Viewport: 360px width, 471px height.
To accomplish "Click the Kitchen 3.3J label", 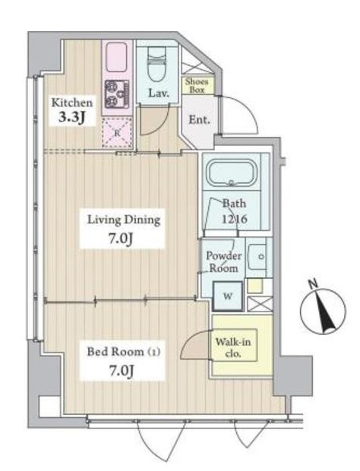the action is click(x=71, y=110).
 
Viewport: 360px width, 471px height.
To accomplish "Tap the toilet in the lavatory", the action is click(x=158, y=65).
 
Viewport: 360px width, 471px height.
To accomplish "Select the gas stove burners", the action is click(x=117, y=94).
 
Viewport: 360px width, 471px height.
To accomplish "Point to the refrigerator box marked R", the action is click(x=117, y=132).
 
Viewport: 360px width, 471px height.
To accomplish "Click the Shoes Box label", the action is click(x=197, y=85).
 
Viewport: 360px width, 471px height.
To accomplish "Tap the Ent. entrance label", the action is click(x=199, y=120).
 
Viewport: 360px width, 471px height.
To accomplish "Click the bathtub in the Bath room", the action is click(x=232, y=173).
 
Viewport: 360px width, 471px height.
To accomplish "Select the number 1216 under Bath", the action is click(x=235, y=219).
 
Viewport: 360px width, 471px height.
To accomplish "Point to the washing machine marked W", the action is click(x=228, y=296).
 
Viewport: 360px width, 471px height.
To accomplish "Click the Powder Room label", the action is click(x=224, y=262).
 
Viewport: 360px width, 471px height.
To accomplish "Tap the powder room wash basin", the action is click(x=257, y=257).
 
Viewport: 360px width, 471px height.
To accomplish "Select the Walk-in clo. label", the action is click(x=233, y=347).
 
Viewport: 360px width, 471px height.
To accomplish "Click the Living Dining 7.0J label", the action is click(x=123, y=229).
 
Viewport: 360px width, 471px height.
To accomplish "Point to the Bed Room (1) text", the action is click(x=123, y=352).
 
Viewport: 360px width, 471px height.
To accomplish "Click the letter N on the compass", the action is click(x=313, y=283).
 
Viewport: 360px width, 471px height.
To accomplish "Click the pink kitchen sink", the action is click(x=116, y=57).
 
